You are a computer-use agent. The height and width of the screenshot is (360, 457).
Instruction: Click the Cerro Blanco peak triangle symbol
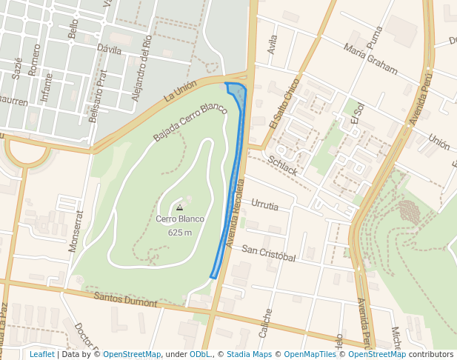(x=179, y=208)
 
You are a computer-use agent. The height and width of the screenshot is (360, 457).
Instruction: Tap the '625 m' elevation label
(x=180, y=232)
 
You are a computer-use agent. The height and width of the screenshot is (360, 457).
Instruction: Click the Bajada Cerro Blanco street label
(x=190, y=122)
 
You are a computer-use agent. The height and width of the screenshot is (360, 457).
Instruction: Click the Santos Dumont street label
(x=126, y=299)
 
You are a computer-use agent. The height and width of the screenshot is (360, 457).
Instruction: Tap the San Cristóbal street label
(x=268, y=254)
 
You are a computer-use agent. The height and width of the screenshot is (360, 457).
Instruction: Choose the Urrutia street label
(x=264, y=205)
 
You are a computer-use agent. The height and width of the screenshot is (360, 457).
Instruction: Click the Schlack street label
(x=283, y=166)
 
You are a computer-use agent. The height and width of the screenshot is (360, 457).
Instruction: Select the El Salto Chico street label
(x=284, y=104)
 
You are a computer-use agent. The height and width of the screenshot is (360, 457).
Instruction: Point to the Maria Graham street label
(x=370, y=59)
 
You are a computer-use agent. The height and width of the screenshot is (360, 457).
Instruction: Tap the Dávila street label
(x=109, y=49)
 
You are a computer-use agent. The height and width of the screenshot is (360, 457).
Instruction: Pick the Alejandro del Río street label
(x=141, y=67)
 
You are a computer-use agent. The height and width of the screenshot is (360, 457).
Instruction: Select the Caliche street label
(x=266, y=324)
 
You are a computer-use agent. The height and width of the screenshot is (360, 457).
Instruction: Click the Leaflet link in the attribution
(x=41, y=354)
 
